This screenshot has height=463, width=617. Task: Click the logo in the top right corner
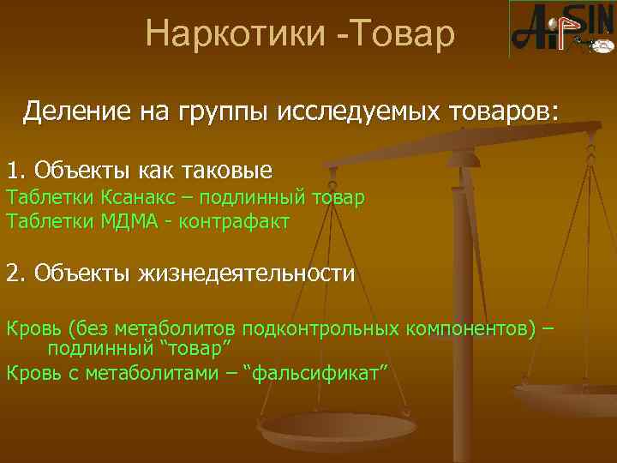561,28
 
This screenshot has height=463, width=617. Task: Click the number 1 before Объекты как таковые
12,169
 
